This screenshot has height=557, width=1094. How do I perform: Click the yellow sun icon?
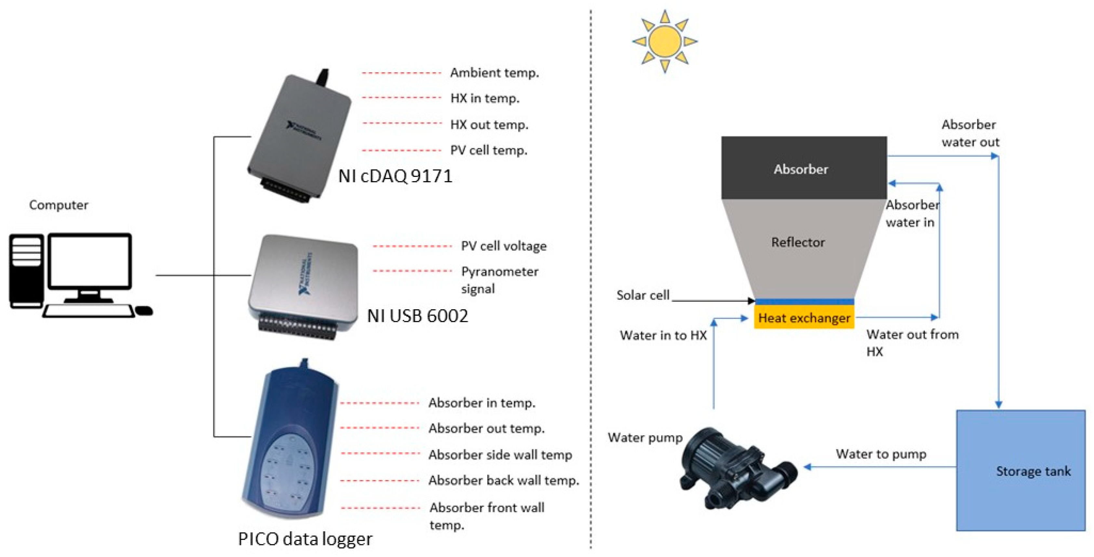665,42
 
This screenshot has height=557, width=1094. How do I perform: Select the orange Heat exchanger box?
804,318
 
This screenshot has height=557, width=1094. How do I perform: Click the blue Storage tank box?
1020,471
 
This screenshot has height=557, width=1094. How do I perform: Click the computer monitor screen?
90,261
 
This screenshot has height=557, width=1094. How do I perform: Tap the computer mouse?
144,311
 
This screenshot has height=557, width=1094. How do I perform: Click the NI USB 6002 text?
418,316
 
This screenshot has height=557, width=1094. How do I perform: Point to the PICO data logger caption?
305,539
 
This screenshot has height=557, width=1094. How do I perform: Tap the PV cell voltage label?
504,246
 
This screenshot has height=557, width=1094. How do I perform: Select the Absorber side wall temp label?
500,455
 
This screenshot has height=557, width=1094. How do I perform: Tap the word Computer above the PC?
59,205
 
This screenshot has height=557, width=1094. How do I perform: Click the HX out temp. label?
489,125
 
